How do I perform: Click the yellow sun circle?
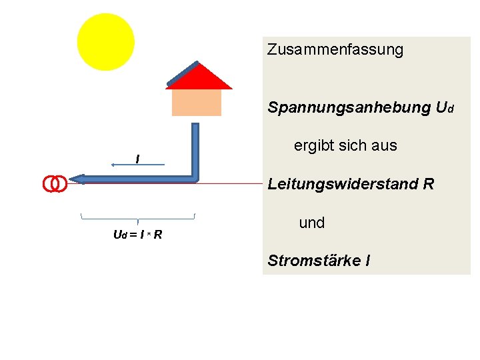tap(105, 41)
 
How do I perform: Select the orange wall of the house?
tap(196, 102)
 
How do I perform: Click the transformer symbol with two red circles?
tap(55, 183)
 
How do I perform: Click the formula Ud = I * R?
tap(138, 235)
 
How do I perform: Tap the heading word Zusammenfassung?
tap(335, 50)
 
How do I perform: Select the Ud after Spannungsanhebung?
tap(442, 107)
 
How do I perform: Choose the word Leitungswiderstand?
tap(343, 184)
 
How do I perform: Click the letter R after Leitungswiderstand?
tap(428, 184)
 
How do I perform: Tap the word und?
tap(312, 223)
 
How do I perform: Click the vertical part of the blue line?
tap(195, 150)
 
